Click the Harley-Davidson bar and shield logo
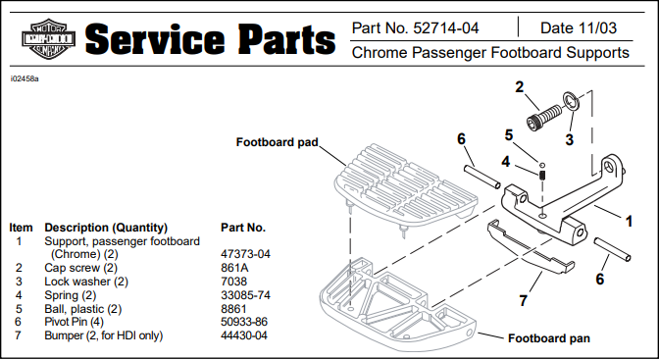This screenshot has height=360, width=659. click(x=48, y=39)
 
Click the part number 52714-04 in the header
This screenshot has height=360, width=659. click(x=446, y=28)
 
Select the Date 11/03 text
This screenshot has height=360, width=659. click(x=579, y=28)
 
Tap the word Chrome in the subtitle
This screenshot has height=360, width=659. click(x=380, y=53)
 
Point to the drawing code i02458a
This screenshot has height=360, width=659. click(x=25, y=79)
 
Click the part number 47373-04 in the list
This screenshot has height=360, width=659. click(x=245, y=254)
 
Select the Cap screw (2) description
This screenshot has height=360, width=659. click(x=80, y=268)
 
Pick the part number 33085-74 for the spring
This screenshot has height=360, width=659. click(x=245, y=295)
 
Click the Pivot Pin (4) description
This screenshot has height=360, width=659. click(x=74, y=322)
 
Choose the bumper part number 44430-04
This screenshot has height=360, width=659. click(x=244, y=335)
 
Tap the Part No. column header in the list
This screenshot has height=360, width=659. click(x=243, y=228)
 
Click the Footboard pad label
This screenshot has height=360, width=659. click(x=277, y=142)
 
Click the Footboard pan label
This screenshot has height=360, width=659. click(x=549, y=338)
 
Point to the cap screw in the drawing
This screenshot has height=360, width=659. click(x=543, y=117)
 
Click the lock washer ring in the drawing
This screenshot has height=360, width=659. click(x=571, y=101)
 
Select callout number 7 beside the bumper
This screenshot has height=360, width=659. click(x=523, y=301)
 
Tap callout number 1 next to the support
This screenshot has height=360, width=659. click(x=629, y=222)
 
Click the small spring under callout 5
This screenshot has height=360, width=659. click(x=542, y=175)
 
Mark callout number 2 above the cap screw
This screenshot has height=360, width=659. click(x=520, y=87)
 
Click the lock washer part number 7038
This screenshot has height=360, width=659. click(x=233, y=282)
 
